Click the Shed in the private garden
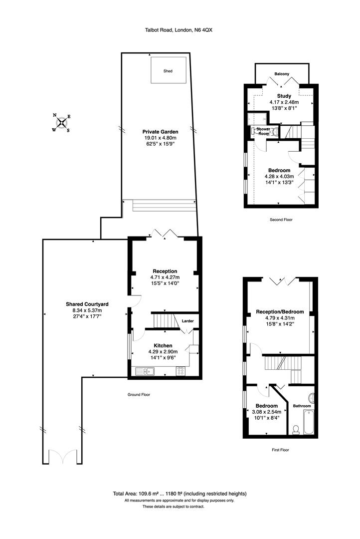click(x=169, y=71)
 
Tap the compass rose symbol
click(x=61, y=123)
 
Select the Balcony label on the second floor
click(x=282, y=74)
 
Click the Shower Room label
click(x=263, y=131)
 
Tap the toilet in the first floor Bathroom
click(x=295, y=429)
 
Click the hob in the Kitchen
click(x=180, y=371)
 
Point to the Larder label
click(x=187, y=321)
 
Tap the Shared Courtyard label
click(x=87, y=303)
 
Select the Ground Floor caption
click(x=139, y=394)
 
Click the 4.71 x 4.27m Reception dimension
click(x=165, y=277)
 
